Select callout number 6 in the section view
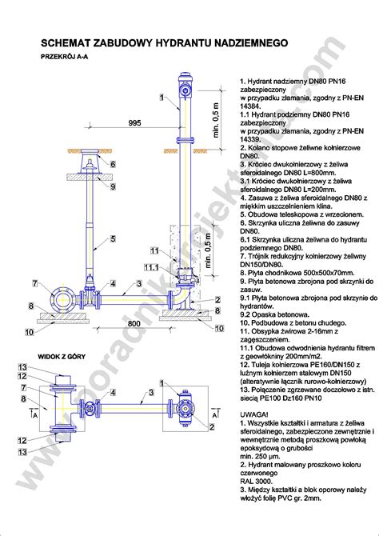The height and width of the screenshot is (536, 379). click(x=113, y=164)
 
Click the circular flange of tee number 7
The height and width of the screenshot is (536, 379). click(x=61, y=302)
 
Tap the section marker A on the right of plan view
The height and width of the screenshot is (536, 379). click(x=215, y=415)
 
